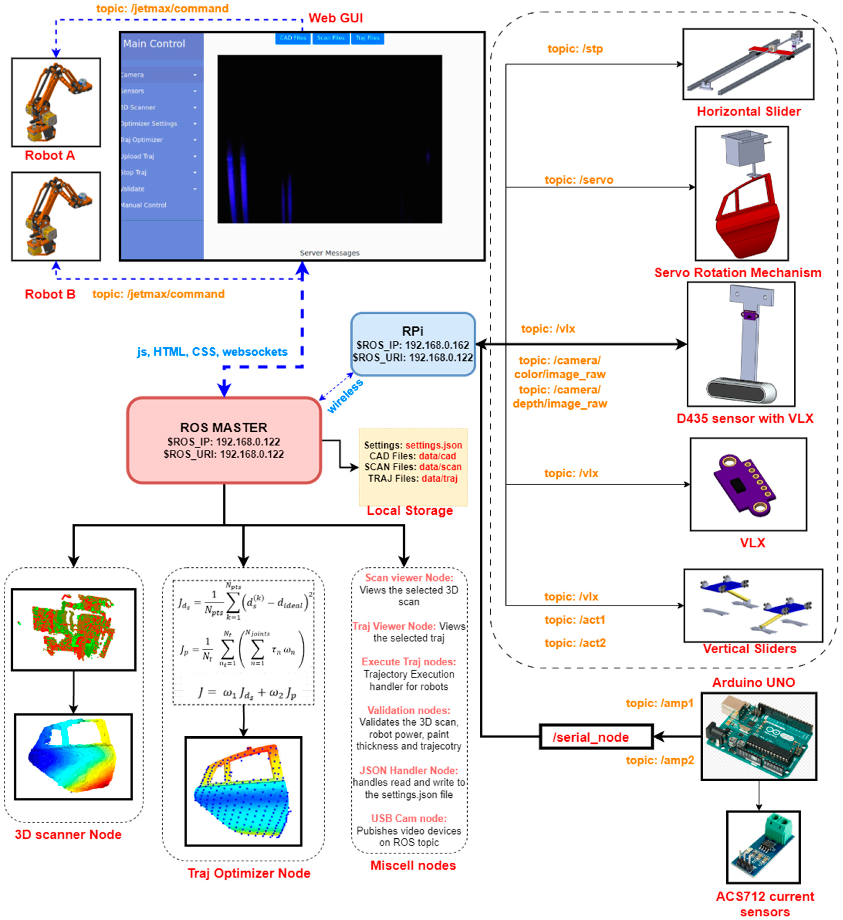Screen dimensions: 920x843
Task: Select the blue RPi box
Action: point(413,344)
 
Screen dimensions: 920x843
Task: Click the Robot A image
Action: point(56,102)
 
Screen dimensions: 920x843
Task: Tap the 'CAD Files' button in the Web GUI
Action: point(293,38)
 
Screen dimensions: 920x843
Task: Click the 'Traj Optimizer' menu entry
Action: point(142,140)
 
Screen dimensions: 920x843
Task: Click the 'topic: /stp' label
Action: point(575,49)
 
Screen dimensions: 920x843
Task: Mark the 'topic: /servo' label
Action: point(579,180)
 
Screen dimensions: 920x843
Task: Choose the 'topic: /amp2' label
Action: point(660,760)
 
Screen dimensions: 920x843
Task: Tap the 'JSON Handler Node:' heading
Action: point(409,770)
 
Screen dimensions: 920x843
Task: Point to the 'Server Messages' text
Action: point(329,253)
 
